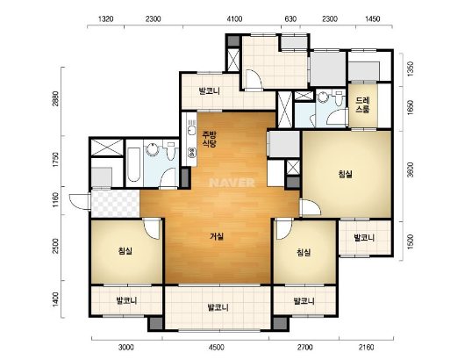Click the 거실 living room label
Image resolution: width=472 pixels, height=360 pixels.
tap(217, 236)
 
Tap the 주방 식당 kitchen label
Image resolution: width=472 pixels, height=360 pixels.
tap(209, 139)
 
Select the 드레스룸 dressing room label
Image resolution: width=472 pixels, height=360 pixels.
tap(362, 104)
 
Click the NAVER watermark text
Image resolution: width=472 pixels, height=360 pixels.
tap(232, 183)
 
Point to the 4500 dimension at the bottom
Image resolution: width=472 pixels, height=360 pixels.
tap(217, 348)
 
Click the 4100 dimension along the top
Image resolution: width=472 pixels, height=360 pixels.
tap(234, 19)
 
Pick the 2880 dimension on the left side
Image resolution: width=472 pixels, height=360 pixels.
tap(55, 98)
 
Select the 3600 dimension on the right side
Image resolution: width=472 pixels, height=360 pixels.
tap(411, 169)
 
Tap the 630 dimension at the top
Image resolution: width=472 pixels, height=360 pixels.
tap(290, 19)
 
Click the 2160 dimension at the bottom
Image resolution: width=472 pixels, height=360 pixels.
tap(366, 348)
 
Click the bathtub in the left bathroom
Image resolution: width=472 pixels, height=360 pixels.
tap(133, 164)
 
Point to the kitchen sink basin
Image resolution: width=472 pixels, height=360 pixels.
tap(190, 131)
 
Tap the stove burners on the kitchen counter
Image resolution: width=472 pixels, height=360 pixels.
tap(191, 153)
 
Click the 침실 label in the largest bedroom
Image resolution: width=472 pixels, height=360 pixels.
tap(346, 174)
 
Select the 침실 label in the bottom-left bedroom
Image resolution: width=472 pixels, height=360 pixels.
tap(125, 251)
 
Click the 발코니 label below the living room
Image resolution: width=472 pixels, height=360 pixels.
tap(218, 307)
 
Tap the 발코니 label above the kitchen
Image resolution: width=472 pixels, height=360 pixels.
tap(210, 91)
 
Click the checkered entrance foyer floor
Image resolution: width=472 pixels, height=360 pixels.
tap(115, 204)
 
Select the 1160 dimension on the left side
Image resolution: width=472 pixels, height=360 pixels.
tap(55, 200)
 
